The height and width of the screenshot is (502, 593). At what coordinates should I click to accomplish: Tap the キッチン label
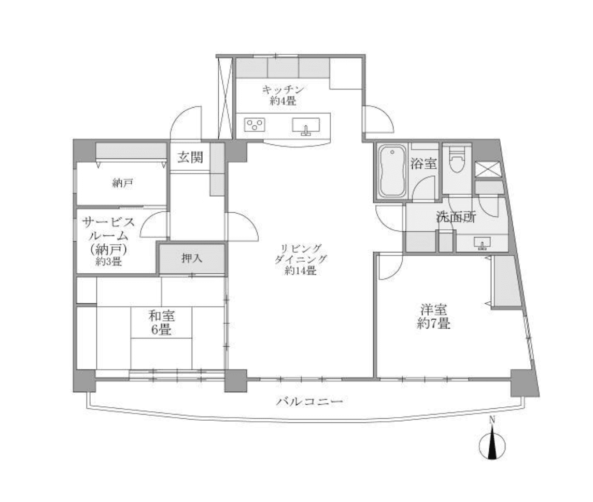pos(283,89)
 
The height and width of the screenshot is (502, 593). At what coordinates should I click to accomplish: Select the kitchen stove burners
pos(255,125)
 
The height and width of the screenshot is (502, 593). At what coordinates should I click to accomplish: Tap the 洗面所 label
pos(456,217)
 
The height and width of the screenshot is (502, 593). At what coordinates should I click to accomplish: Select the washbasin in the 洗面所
pos(482,242)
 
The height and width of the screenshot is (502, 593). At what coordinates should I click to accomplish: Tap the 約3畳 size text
pos(108,261)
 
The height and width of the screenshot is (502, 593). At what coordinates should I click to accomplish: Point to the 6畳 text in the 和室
pos(162,330)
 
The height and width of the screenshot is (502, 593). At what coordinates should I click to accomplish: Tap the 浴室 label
pos(423,164)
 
